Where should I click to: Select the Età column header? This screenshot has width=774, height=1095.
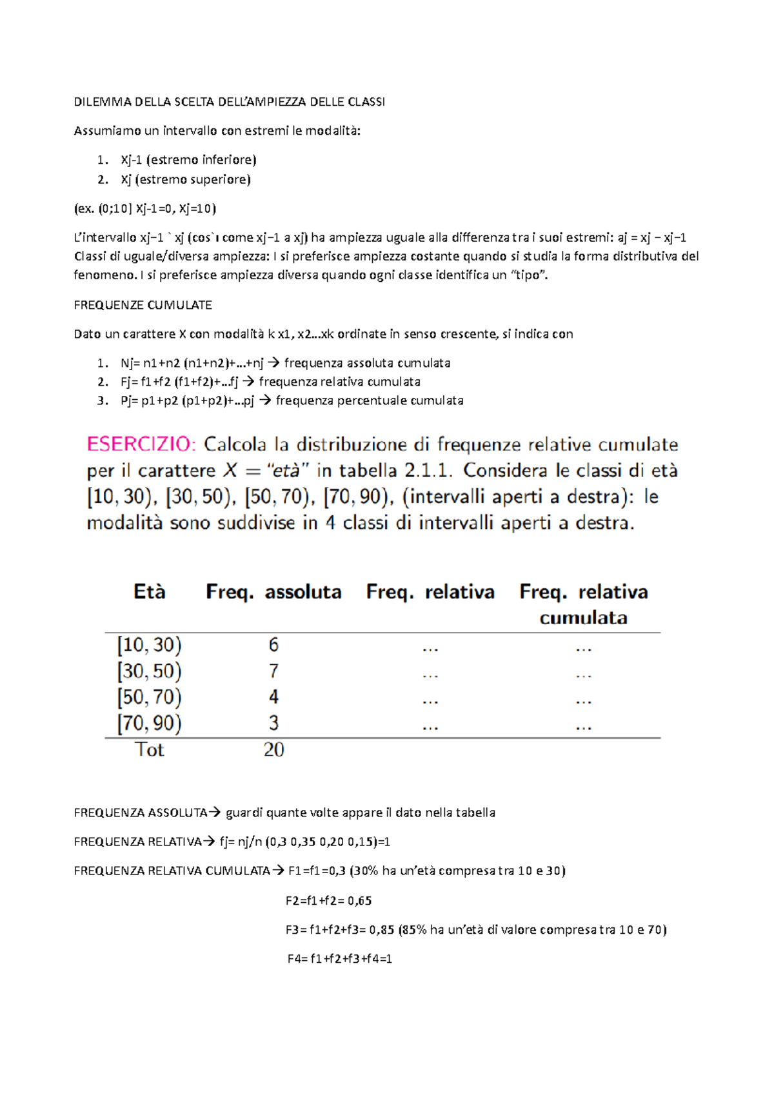[150, 592]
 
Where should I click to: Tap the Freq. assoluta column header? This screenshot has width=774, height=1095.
[273, 592]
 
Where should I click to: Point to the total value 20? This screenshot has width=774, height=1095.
[273, 749]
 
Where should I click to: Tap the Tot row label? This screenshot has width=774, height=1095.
[149, 749]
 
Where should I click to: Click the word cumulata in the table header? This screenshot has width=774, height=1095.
[583, 618]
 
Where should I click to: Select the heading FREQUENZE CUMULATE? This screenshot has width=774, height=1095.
[143, 305]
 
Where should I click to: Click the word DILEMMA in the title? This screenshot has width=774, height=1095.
[99, 102]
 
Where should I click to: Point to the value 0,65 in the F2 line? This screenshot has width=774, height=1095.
[359, 901]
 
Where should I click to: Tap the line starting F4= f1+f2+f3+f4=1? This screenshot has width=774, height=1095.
[339, 959]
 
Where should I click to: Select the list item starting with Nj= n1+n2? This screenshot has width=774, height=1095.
[284, 363]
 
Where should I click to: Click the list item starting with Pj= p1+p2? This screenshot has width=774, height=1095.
[291, 400]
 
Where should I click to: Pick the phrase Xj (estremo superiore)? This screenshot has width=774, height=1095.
[185, 179]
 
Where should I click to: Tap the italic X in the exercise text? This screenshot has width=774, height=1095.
[230, 471]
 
